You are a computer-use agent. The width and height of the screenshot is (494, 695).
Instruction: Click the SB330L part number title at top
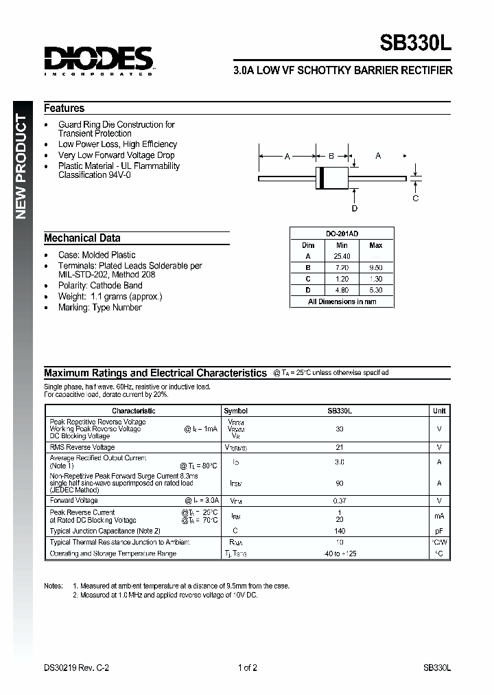coord(416,44)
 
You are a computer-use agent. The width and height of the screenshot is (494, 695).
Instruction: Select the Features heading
coord(64,109)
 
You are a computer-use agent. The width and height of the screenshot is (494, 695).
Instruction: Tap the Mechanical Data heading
coord(82,238)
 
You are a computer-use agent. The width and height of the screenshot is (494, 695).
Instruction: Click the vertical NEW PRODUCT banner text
coord(21,168)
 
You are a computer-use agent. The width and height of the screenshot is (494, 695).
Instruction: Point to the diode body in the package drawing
coord(333,178)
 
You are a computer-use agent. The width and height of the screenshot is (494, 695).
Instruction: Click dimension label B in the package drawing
coord(331,157)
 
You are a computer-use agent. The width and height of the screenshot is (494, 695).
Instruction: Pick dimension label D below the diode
coord(355,209)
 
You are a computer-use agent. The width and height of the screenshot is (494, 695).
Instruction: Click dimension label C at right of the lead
coord(416,198)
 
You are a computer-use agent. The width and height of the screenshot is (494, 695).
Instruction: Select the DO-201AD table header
coord(341,233)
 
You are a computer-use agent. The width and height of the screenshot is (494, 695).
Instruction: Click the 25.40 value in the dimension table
coord(341,256)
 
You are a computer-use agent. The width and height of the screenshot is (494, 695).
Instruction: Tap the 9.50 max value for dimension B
coord(375,267)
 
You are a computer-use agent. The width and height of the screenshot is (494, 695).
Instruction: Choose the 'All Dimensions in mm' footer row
coord(342,301)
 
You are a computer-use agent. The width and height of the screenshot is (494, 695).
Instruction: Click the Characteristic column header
coord(134,411)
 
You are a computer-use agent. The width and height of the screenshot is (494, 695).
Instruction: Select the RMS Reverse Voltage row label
coord(82,447)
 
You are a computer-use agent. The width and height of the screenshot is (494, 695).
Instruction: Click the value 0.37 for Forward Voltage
coord(339,501)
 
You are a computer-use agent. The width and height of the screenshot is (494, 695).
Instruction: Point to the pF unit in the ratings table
coord(439,531)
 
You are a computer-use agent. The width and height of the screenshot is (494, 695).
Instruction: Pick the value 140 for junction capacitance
coord(339,531)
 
